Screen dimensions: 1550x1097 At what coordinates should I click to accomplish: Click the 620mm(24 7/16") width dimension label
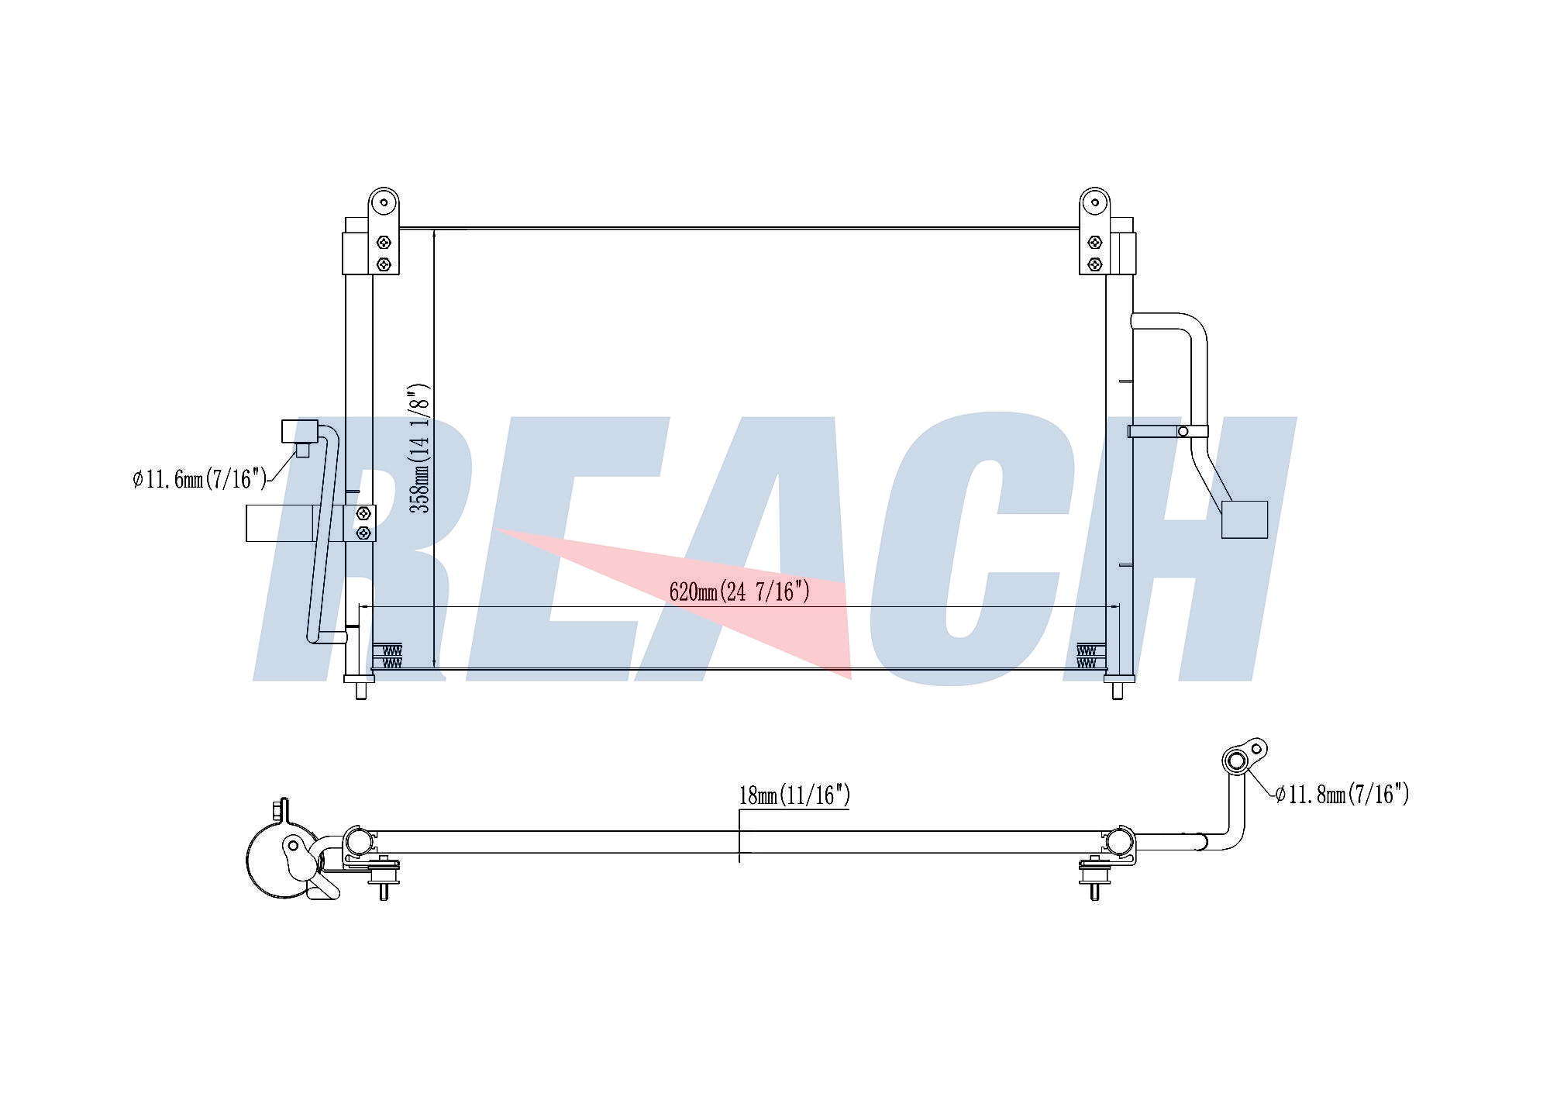(x=739, y=592)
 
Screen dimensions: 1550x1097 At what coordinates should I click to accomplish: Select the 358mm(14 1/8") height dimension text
(x=419, y=447)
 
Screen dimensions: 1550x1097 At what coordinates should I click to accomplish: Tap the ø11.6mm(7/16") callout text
(x=199, y=478)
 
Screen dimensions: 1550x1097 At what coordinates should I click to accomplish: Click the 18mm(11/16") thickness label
(x=794, y=795)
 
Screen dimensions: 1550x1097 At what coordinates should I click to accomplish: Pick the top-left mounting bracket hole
(x=384, y=203)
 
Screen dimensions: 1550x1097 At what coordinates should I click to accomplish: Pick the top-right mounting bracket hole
(x=1094, y=203)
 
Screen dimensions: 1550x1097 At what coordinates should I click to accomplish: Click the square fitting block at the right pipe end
(x=1245, y=519)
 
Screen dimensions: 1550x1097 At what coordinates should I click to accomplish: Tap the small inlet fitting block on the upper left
(x=299, y=431)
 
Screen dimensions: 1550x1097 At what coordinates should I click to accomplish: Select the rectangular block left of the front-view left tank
(x=281, y=523)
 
